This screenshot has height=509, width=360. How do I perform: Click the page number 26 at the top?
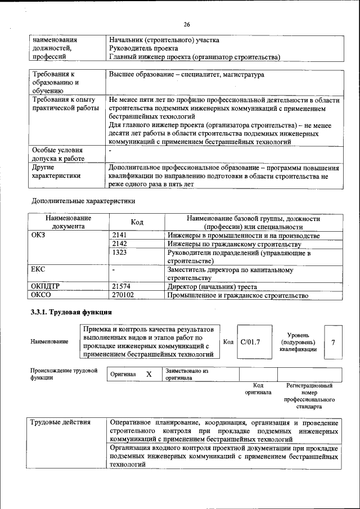(187, 24)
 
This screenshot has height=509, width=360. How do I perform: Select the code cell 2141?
(120, 235)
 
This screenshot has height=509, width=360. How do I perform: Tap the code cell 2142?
(120, 244)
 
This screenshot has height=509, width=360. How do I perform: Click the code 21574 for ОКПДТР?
(122, 286)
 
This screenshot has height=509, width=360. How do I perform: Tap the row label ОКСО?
(42, 295)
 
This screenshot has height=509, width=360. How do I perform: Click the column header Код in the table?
(137, 222)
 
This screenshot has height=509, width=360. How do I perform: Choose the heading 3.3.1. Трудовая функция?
(71, 312)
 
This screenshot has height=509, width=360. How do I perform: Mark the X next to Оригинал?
(148, 374)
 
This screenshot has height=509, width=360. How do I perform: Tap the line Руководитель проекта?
(139, 48)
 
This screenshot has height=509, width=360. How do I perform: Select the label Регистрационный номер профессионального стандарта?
(309, 395)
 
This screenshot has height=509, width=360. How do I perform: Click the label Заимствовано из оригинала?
(187, 375)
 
